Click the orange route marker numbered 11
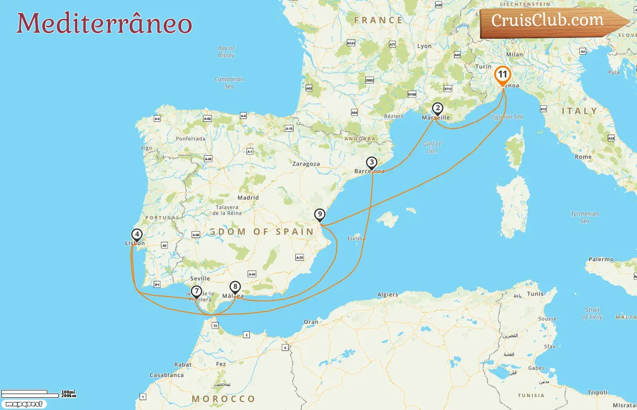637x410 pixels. [x=502, y=75]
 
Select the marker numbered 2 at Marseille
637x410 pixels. [x=437, y=108]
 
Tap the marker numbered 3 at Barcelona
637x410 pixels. [x=372, y=163]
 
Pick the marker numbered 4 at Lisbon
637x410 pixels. [x=136, y=235]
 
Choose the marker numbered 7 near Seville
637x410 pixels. [x=196, y=291]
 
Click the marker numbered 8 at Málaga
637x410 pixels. [x=235, y=287]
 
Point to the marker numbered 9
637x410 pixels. [x=320, y=215]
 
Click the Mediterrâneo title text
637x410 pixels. [x=104, y=23]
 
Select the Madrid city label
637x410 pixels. [x=248, y=198]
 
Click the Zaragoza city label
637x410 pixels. [x=306, y=164]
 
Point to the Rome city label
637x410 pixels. [x=583, y=157]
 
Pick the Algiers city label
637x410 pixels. [x=388, y=295]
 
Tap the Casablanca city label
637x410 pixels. [x=167, y=375]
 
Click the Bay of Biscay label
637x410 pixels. [x=226, y=51]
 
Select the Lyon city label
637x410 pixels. [x=424, y=46]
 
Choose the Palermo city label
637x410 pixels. [x=601, y=259]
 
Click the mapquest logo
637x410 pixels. [x=24, y=404]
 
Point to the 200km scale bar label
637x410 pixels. [x=69, y=396]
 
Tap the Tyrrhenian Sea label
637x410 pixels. [x=585, y=217]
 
